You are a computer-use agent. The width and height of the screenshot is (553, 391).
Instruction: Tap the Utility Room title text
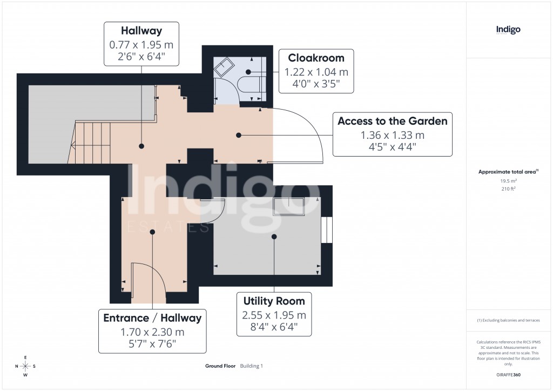pyautogui.click(x=274, y=301)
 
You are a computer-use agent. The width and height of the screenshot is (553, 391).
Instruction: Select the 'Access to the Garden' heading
pyautogui.click(x=392, y=121)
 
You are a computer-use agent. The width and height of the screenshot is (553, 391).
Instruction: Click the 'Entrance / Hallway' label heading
pyautogui.click(x=152, y=318)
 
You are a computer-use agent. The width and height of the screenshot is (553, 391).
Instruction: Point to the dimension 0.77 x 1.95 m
pyautogui.click(x=141, y=45)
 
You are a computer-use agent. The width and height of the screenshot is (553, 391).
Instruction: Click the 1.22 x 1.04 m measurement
pyautogui.click(x=316, y=72)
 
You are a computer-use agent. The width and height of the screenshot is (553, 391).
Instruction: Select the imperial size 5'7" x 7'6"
pyautogui.click(x=152, y=343)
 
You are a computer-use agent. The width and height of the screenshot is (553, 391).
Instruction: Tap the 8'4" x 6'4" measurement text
pyautogui.click(x=274, y=327)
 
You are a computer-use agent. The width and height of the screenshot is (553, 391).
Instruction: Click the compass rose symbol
pyautogui.click(x=25, y=366)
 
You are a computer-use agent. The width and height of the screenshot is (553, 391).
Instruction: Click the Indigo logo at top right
pyautogui.click(x=508, y=30)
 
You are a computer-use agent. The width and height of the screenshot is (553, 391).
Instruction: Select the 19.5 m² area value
pyautogui.click(x=509, y=181)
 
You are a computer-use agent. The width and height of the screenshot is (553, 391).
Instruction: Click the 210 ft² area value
pyautogui.click(x=509, y=190)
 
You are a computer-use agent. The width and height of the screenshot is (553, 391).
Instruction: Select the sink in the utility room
pyautogui.click(x=288, y=206)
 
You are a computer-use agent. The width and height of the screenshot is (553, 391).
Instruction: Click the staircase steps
pyautogui.click(x=92, y=141)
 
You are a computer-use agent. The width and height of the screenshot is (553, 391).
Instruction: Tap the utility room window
pyautogui.click(x=326, y=231)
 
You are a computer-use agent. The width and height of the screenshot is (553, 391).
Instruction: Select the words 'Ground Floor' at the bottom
pyautogui.click(x=220, y=366)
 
